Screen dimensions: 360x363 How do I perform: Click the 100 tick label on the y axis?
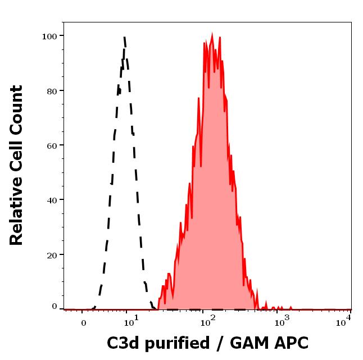pyautogui.click(x=49, y=36)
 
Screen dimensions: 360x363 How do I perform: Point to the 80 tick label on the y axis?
pyautogui.click(x=52, y=90)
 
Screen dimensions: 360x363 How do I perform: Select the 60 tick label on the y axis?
pyautogui.click(x=52, y=145)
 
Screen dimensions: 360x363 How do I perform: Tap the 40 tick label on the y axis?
pyautogui.click(x=52, y=199)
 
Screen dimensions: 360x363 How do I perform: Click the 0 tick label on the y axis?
pyautogui.click(x=55, y=307)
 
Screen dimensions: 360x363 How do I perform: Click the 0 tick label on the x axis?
pyautogui.click(x=84, y=323)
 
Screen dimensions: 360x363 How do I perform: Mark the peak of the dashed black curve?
pyautogui.click(x=124, y=38)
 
